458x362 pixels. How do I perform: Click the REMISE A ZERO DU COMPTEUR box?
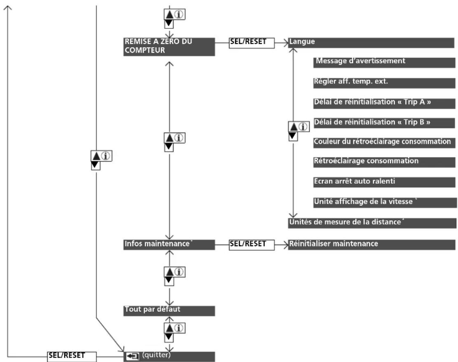[x=169, y=47]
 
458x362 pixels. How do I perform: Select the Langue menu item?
[x=371, y=43]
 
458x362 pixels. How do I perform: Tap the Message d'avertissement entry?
[x=384, y=63]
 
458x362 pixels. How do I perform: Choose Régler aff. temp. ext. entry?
[x=384, y=83]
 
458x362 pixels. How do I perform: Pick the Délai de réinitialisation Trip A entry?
[x=384, y=103]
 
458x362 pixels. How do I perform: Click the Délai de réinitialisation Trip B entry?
[x=384, y=123]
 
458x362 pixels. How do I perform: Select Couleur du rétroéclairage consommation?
[x=384, y=143]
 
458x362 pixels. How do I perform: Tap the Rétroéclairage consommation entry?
[x=384, y=162]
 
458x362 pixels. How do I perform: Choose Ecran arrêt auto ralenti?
[x=384, y=182]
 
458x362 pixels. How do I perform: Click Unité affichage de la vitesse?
[x=385, y=203]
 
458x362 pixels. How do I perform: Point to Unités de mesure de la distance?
[x=372, y=223]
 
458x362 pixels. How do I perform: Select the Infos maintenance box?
[x=169, y=245]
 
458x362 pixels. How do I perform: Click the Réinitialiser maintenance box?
[x=372, y=245]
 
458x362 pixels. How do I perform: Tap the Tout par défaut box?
[x=169, y=311]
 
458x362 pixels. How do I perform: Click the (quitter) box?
[x=169, y=357]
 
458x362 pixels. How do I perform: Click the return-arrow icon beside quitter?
[x=133, y=356]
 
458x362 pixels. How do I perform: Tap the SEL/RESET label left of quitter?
[x=72, y=357]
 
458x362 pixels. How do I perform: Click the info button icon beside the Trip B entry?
[x=304, y=127]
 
